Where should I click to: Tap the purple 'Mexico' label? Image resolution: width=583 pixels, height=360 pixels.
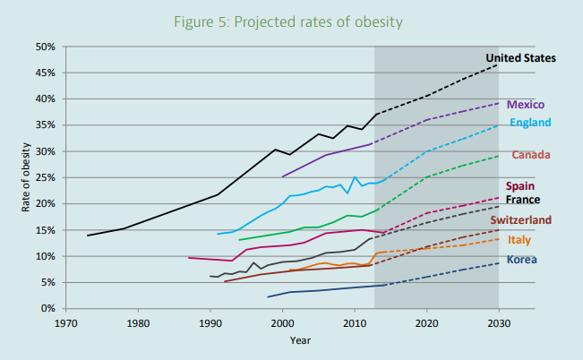pos(526,105)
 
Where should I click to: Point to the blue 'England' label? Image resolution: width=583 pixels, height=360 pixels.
pos(530,123)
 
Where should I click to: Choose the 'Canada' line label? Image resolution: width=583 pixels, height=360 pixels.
pos(531,155)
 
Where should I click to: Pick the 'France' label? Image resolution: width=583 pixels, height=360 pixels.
pos(523,199)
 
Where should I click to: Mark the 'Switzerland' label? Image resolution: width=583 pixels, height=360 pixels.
pos(520,219)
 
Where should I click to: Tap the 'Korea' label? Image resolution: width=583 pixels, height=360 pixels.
pos(522,260)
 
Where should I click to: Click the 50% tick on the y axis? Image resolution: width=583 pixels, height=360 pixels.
pos(46,47)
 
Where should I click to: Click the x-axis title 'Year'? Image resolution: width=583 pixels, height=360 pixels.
pos(300,340)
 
